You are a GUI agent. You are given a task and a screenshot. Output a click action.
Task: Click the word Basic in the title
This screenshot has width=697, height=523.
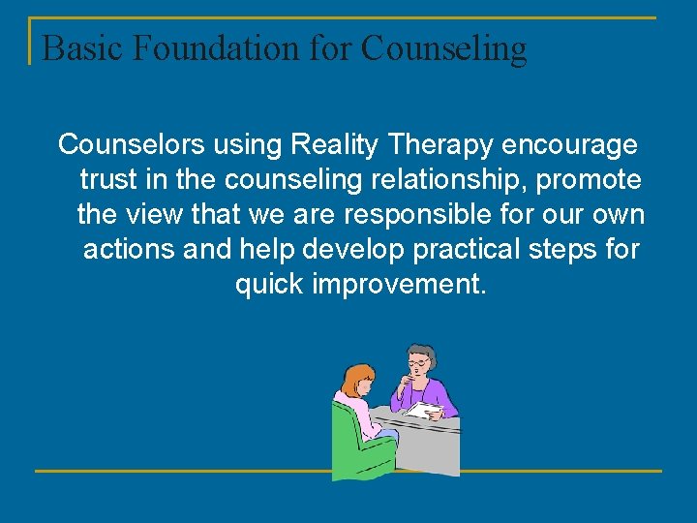click(76, 47)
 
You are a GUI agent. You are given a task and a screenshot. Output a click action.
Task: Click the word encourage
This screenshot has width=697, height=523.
click(571, 144)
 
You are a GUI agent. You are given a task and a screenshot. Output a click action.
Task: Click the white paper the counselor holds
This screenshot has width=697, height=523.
click(424, 410)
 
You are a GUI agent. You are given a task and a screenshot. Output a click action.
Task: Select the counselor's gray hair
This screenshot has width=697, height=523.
click(420, 352)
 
